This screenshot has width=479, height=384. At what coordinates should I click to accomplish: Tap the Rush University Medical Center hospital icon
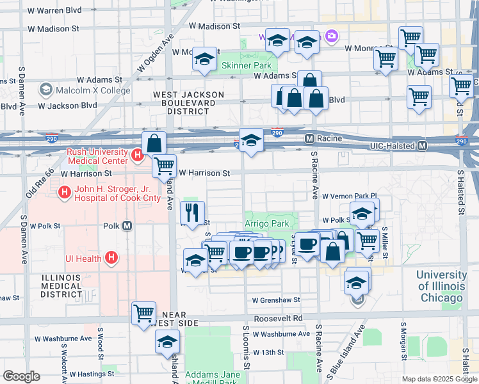pyautogui.click(x=136, y=155)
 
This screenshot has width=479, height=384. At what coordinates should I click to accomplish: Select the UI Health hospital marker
pyautogui.click(x=111, y=258)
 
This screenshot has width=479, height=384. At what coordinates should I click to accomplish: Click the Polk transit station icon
pyautogui.click(x=127, y=225)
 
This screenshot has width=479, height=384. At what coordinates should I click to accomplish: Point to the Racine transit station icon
pyautogui.click(x=309, y=138)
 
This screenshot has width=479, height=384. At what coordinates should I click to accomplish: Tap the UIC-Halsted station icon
pyautogui.click(x=422, y=146)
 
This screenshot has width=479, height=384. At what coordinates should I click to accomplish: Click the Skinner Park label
pyautogui.click(x=247, y=65)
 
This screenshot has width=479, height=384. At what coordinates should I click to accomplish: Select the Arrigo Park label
pyautogui.click(x=267, y=223)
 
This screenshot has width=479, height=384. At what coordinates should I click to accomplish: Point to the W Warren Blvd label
pyautogui.click(x=56, y=10)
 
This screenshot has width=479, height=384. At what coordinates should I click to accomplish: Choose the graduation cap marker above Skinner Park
pyautogui.click(x=204, y=60)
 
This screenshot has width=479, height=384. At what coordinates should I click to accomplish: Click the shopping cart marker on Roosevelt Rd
pyautogui.click(x=143, y=312)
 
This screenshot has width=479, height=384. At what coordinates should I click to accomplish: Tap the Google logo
pyautogui.click(x=21, y=376)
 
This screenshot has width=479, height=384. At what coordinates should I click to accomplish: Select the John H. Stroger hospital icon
pyautogui.click(x=64, y=192)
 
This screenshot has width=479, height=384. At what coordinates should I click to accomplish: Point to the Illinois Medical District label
pyautogui.click(x=61, y=285)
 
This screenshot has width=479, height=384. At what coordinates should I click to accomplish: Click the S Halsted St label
pyautogui.click(x=461, y=192)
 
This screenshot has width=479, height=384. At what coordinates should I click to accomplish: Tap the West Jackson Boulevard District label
pyautogui.click(x=188, y=102)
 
